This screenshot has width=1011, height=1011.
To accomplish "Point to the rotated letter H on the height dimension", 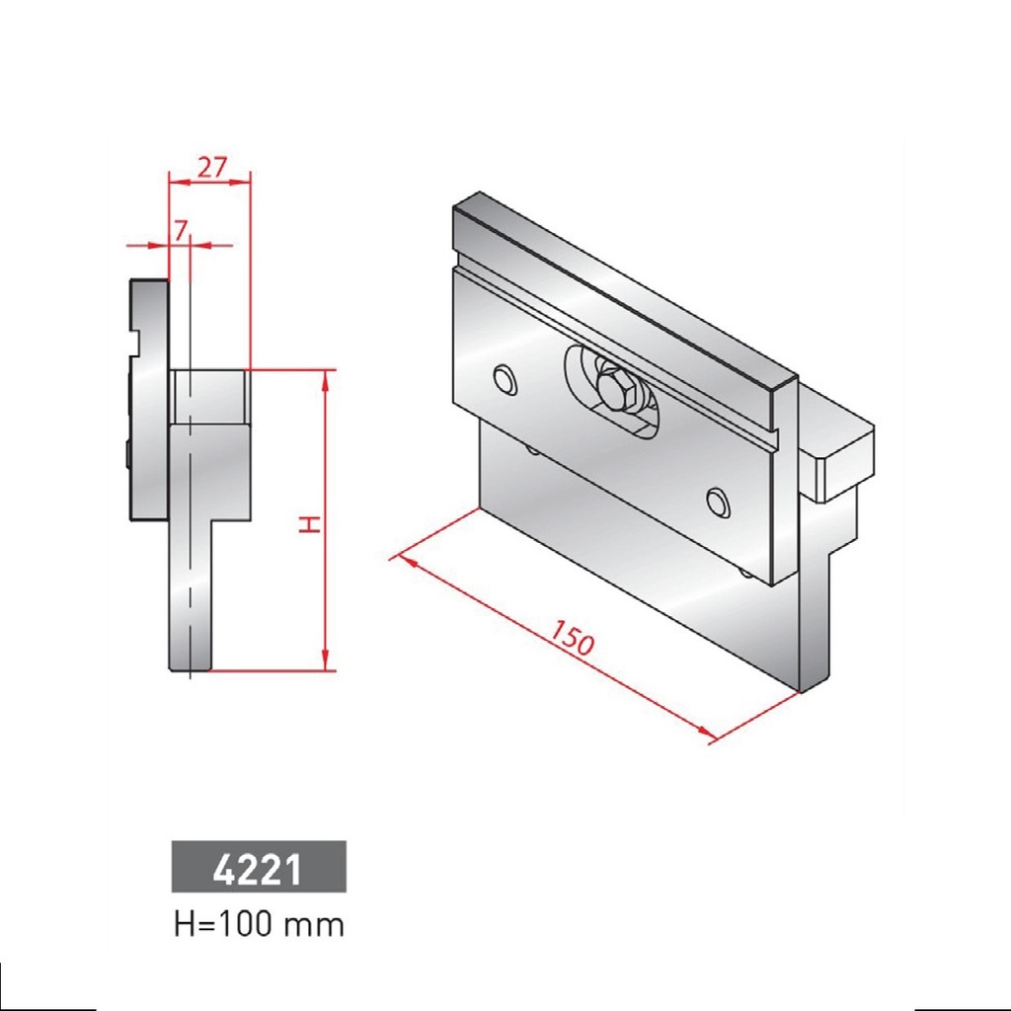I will [309, 522].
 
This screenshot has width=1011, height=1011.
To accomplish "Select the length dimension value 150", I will [572, 639].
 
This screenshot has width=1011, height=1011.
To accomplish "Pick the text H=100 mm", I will [259, 925].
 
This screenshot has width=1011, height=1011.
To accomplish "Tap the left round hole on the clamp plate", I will [505, 379].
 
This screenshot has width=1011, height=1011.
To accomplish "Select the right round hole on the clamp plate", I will [719, 503].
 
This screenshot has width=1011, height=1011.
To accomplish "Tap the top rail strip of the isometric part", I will [622, 286].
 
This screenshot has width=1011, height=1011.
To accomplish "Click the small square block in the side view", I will [207, 396].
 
